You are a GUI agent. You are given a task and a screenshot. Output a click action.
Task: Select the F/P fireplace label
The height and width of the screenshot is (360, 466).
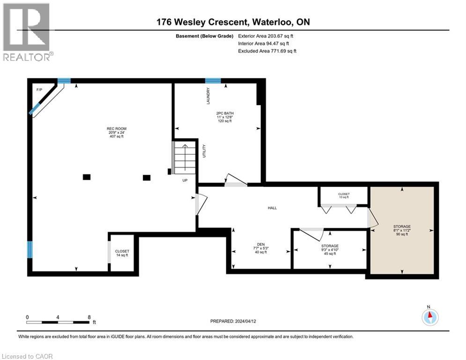click(39, 89)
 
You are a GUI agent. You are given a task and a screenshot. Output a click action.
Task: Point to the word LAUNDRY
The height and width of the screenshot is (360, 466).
click(208, 96)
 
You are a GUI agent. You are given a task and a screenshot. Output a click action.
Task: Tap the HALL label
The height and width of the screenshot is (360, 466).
click(273, 208)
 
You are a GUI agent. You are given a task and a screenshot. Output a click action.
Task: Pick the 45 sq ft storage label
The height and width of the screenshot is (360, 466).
click(329, 249)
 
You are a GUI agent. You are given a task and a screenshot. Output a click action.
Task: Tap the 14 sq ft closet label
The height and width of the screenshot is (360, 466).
click(122, 253)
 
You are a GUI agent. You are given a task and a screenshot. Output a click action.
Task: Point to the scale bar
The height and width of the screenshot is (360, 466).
click(58, 322)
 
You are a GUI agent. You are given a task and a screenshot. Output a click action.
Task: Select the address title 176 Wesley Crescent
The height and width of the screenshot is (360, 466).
click(232, 22)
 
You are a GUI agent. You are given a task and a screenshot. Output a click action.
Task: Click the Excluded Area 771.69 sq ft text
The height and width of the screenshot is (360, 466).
click(267, 51)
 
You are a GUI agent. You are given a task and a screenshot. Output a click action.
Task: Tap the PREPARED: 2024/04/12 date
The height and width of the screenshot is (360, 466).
click(233, 322)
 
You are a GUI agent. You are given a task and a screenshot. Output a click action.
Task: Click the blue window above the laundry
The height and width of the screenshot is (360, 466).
click(213, 81)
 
